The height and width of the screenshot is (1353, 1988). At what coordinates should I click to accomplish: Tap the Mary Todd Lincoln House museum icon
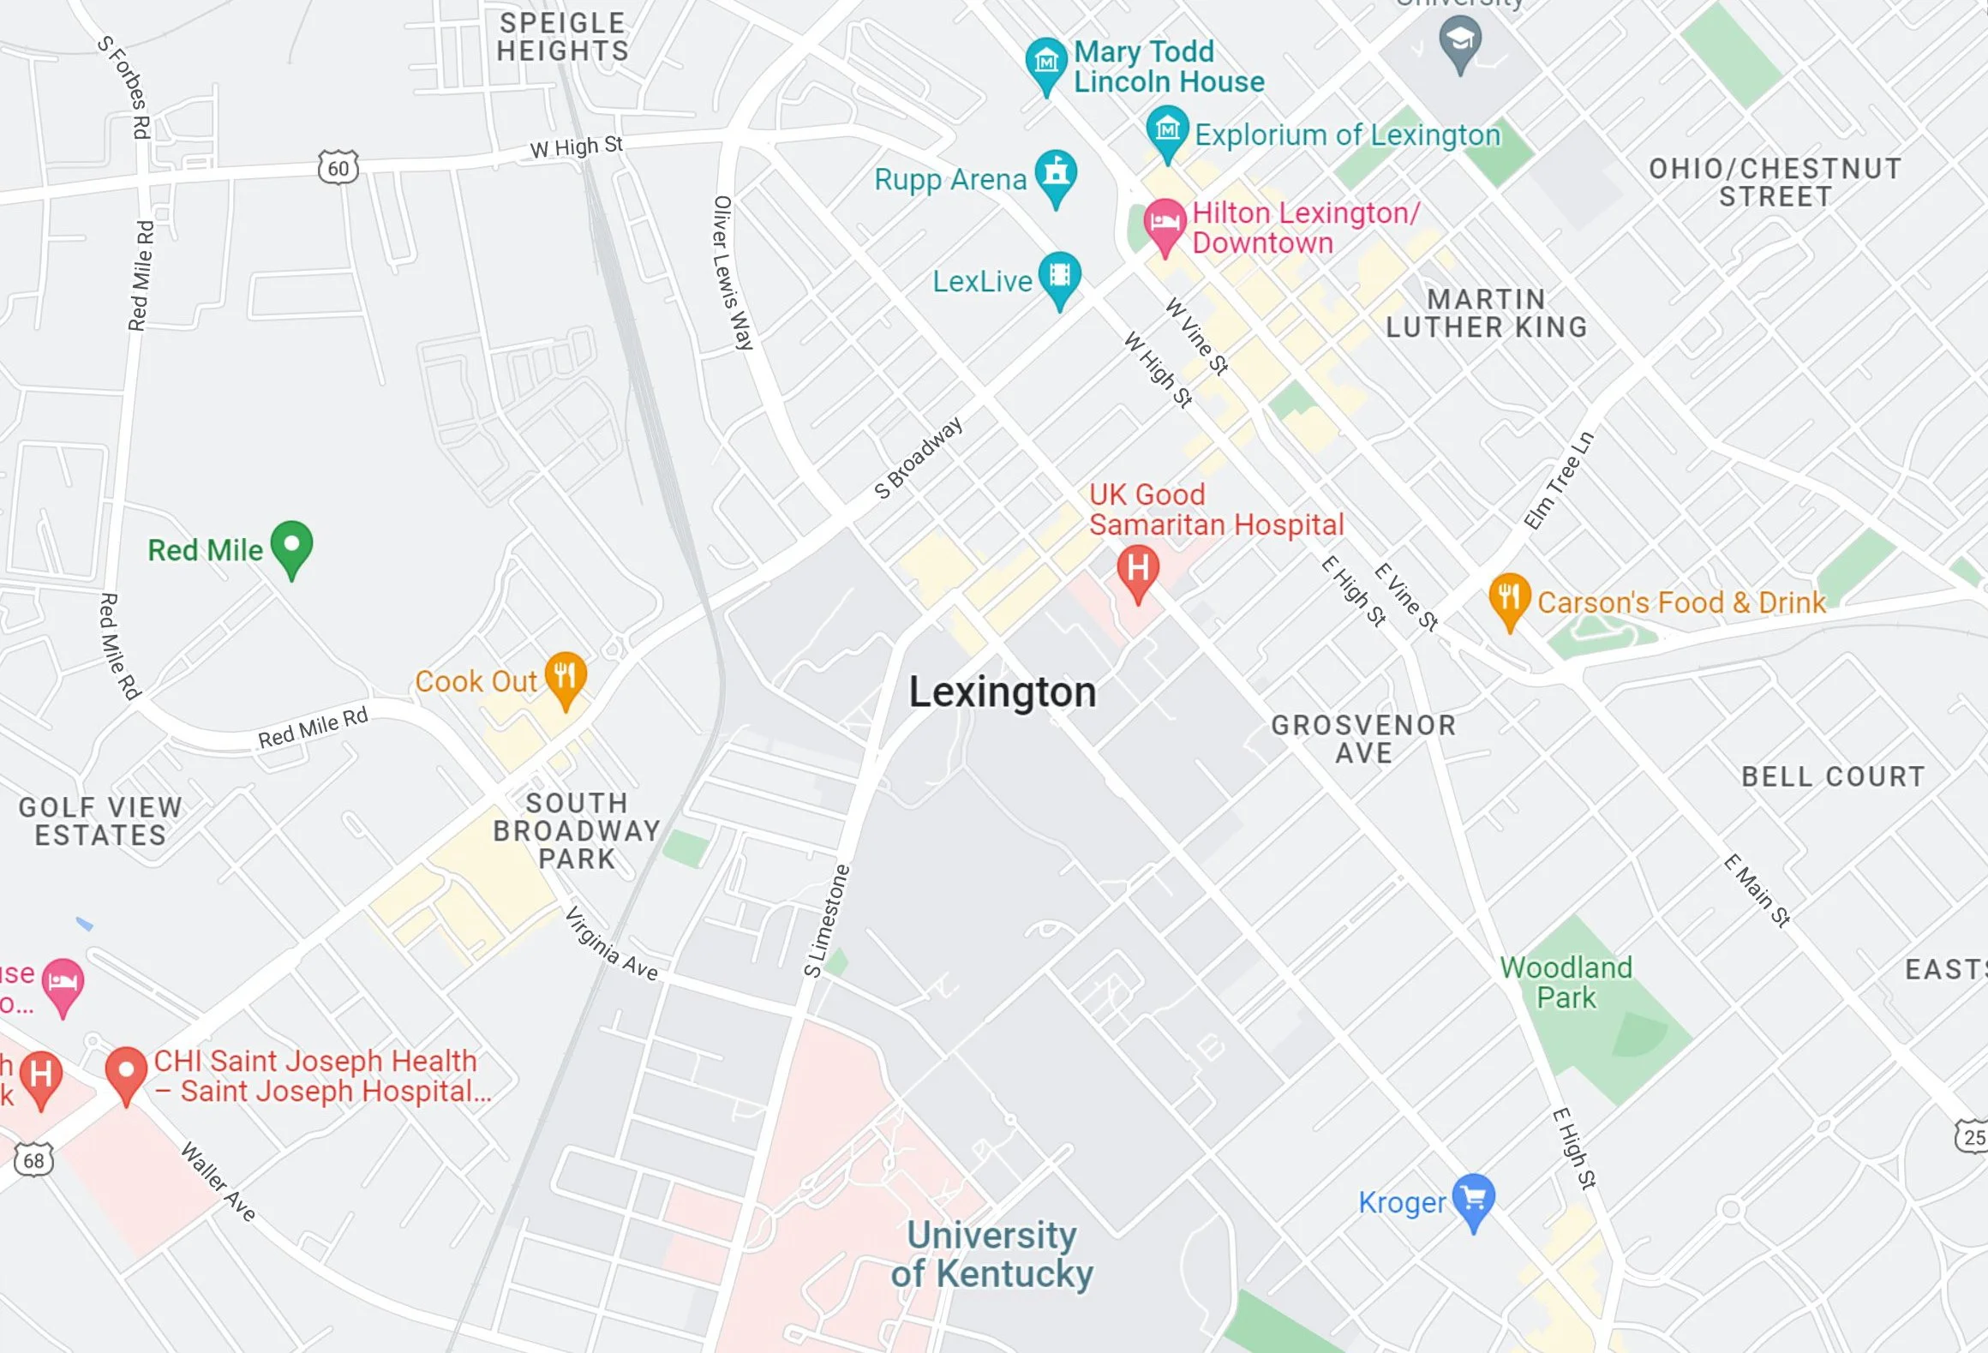coord(1045,63)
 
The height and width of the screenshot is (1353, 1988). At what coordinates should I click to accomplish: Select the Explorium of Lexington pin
coord(1167,131)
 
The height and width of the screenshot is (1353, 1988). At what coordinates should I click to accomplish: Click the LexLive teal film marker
coord(1060,277)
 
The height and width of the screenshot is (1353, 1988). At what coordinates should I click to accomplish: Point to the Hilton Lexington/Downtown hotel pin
coord(1164,224)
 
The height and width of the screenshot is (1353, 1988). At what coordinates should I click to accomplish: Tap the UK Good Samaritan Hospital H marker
coord(1138,570)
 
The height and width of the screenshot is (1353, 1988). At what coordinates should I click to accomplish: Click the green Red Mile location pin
coord(291,546)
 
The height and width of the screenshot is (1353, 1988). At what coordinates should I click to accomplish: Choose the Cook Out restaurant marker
coord(566,677)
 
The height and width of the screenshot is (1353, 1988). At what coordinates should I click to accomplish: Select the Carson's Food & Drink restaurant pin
coord(1509,598)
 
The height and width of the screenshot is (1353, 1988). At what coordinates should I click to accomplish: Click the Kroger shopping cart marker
coord(1473,1199)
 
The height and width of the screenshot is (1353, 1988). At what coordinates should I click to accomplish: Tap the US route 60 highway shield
coord(338,168)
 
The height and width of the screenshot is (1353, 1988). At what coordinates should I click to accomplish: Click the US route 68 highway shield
coord(33,1160)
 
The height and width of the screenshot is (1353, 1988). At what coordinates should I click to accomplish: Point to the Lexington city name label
coord(1002,691)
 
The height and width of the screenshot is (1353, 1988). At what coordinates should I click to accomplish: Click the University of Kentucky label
coord(991,1254)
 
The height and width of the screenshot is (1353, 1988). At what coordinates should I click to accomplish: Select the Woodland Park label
coord(1566,982)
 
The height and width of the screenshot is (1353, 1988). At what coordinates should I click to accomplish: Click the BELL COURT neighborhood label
coord(1833,776)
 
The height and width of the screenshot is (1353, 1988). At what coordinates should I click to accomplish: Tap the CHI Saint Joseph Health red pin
coord(126,1072)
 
